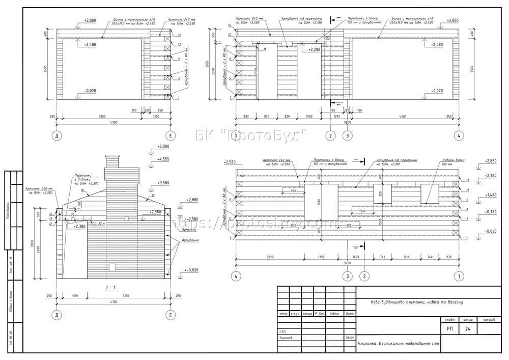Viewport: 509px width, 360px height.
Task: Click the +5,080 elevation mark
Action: [163, 147]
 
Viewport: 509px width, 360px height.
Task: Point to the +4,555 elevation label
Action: [163, 159]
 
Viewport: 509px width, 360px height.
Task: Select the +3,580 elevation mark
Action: [163, 182]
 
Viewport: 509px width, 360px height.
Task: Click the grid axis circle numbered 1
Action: [459, 276]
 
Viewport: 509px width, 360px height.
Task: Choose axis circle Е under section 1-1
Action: [170, 316]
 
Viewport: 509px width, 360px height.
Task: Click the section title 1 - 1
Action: [109, 288]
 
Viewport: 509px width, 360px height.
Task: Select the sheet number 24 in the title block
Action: [468, 329]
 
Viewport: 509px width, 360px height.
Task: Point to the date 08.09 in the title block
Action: [350, 338]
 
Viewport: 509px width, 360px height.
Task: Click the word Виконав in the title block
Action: [286, 338]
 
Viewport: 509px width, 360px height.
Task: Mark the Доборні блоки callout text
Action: [447, 162]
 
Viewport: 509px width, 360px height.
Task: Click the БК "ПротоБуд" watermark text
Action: [252, 135]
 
